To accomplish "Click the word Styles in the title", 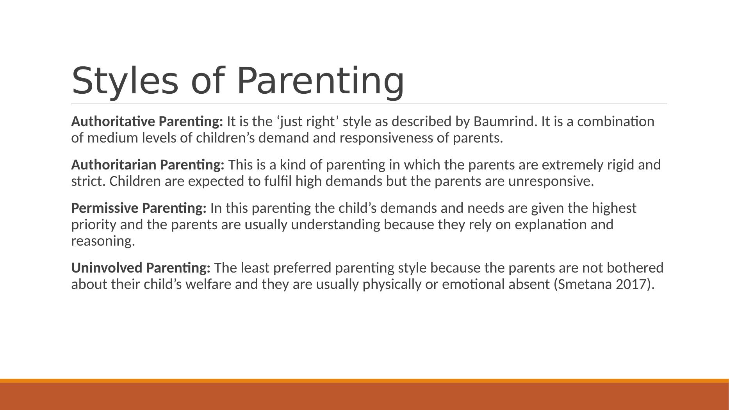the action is coord(125,81).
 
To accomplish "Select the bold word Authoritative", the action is coord(113,121).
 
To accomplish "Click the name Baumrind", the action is coord(503,121).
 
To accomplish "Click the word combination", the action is coord(616,121).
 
